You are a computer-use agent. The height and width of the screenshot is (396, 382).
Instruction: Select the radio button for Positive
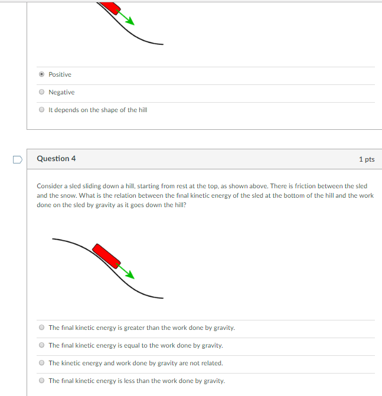(41, 74)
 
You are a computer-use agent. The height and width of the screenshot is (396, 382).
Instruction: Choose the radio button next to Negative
(41, 92)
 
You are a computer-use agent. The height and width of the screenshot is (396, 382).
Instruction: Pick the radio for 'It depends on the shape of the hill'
(41, 110)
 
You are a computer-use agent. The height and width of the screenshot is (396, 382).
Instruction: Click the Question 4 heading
(56, 159)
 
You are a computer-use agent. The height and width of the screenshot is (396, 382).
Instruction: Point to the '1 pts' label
(366, 159)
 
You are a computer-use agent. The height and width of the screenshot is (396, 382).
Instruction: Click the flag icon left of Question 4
(17, 159)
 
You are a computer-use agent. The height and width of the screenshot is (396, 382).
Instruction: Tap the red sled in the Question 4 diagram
(107, 255)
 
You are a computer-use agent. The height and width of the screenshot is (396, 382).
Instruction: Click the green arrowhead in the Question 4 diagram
(130, 274)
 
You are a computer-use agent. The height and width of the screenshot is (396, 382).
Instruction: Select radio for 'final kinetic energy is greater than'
(41, 328)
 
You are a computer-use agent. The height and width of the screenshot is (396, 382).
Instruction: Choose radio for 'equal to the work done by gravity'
(41, 345)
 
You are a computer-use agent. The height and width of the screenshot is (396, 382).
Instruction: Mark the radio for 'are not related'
(41, 363)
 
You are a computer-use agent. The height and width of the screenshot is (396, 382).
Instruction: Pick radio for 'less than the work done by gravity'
(41, 381)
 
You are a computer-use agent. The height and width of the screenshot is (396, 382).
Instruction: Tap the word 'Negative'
(61, 92)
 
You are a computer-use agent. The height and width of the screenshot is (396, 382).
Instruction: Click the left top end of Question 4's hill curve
(54, 239)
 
